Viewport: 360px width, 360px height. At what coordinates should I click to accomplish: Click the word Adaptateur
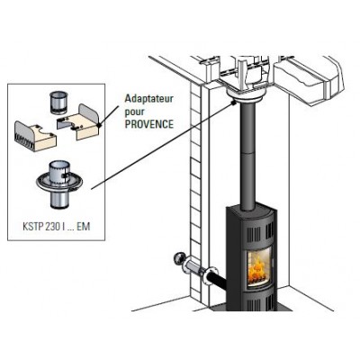[x=149, y=99]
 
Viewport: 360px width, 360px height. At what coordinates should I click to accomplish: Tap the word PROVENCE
[x=149, y=124]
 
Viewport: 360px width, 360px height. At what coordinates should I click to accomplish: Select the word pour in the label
[x=135, y=112]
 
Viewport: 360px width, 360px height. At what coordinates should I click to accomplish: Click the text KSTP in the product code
[x=33, y=226]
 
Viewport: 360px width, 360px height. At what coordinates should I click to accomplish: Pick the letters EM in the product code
[x=83, y=226]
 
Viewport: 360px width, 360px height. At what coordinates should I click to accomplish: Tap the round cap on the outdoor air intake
[x=179, y=259]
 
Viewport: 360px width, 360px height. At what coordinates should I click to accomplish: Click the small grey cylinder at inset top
[x=58, y=103]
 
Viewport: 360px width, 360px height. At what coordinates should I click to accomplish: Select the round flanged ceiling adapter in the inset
[x=58, y=184]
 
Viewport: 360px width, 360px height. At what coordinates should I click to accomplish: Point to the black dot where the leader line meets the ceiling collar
[x=233, y=103]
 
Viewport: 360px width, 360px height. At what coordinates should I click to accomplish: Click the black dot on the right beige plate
[x=99, y=127]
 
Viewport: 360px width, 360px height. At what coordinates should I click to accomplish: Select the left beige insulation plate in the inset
[x=35, y=138]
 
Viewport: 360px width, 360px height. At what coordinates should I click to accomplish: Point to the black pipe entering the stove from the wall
[x=216, y=278]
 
